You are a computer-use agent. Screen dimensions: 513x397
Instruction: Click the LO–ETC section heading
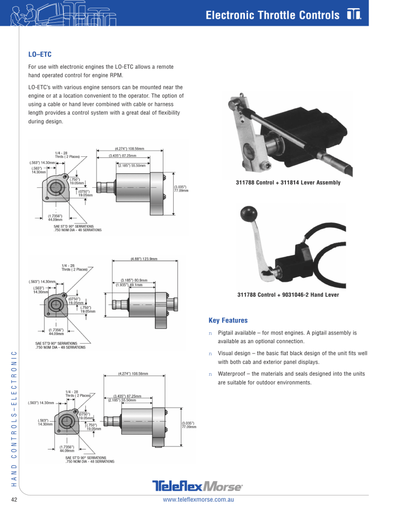[x=40, y=54]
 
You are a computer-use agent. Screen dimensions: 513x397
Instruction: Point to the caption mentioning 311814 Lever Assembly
[x=287, y=183]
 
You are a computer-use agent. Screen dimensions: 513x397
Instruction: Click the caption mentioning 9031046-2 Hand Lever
[x=288, y=295]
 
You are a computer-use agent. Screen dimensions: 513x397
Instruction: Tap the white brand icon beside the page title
[x=354, y=15]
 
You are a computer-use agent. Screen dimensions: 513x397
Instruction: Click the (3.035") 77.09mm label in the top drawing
[x=181, y=188]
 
